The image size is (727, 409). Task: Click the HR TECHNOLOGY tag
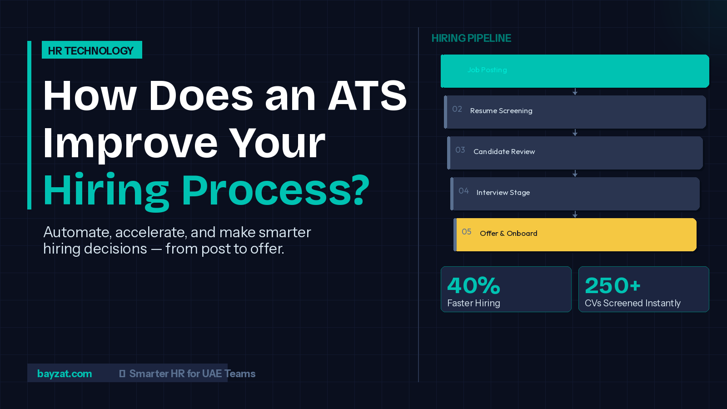click(x=91, y=50)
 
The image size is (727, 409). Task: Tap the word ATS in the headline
click(x=367, y=96)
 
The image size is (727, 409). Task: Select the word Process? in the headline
click(x=275, y=190)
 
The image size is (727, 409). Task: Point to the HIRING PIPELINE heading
click(x=471, y=38)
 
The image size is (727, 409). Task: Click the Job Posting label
click(x=487, y=70)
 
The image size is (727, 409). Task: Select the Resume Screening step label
click(x=501, y=111)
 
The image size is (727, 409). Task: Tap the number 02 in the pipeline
click(x=457, y=109)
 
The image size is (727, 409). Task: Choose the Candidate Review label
click(x=504, y=152)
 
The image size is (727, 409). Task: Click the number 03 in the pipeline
click(x=460, y=150)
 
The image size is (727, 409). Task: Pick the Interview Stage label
click(x=503, y=193)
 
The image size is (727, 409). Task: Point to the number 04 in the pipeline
click(x=463, y=191)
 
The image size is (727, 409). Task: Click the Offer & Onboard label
click(x=508, y=234)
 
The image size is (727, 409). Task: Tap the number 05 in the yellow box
click(x=467, y=232)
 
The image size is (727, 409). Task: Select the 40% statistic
click(x=473, y=285)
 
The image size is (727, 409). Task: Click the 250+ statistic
click(x=612, y=285)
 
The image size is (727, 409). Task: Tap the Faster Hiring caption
click(x=473, y=303)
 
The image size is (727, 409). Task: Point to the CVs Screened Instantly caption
click(x=632, y=303)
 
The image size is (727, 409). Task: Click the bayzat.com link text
click(x=65, y=374)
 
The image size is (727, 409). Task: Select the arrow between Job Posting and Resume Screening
click(x=575, y=92)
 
